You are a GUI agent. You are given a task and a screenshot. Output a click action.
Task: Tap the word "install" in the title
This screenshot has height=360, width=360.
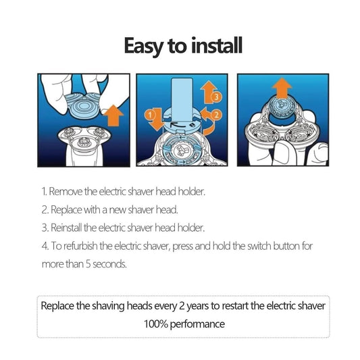[x=217, y=45]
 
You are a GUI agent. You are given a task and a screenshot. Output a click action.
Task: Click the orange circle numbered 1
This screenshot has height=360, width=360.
[x=150, y=115]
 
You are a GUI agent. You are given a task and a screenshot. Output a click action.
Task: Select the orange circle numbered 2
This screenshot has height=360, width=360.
[x=216, y=115]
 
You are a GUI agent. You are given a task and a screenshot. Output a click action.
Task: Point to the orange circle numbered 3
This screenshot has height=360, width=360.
[x=216, y=97]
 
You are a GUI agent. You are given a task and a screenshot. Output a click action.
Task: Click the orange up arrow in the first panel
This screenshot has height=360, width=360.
[x=113, y=115]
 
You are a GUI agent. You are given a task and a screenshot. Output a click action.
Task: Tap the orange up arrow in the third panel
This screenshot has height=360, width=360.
[x=282, y=88]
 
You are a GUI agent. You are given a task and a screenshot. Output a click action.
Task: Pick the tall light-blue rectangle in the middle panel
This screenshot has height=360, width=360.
[x=182, y=100]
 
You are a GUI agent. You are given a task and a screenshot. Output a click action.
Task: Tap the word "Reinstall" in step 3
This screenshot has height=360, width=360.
[x=66, y=228]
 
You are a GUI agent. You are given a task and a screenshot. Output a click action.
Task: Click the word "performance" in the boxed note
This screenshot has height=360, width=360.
[x=197, y=325]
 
